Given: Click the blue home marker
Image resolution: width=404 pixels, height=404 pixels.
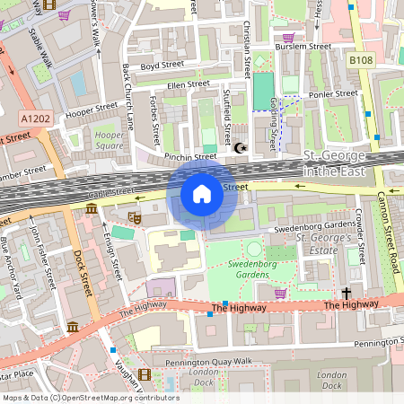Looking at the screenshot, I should pyautogui.click(x=202, y=194).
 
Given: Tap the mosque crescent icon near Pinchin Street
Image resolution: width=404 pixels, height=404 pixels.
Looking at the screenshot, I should pyautogui.click(x=240, y=147).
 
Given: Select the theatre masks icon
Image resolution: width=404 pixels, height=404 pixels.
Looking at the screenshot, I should pyautogui.click(x=136, y=217).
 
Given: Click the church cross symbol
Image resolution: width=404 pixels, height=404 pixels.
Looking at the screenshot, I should pyautogui.click(x=347, y=293).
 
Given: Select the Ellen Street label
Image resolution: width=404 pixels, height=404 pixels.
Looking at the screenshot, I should pyautogui.click(x=187, y=84).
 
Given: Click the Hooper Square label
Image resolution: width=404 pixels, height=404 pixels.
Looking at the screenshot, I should pyautogui.click(x=110, y=140).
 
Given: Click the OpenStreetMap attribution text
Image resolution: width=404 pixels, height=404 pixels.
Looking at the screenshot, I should pyautogui.click(x=90, y=398).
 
